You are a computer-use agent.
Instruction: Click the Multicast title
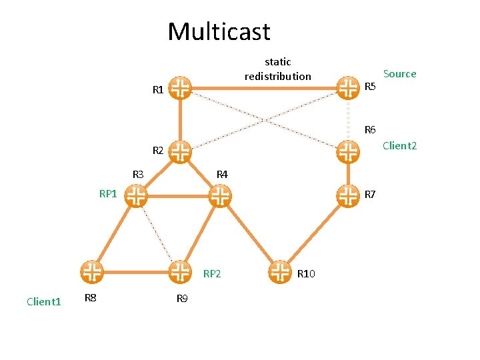[219, 31]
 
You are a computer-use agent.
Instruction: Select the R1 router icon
[180, 87]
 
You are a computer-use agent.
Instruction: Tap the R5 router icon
[347, 87]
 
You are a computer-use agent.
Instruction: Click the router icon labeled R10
[281, 271]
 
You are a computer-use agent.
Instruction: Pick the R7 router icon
[347, 195]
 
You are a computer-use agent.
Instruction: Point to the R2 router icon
[180, 151]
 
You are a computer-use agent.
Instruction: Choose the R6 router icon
[347, 151]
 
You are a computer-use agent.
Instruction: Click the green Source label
[399, 74]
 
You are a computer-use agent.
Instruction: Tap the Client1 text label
[44, 302]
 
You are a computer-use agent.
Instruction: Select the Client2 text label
[399, 145]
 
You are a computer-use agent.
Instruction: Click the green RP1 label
[108, 194]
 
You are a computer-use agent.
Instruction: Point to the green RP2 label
[212, 273]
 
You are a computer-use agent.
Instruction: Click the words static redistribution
[277, 69]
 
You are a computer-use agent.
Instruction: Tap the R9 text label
[182, 298]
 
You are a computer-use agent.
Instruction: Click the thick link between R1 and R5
[263, 87]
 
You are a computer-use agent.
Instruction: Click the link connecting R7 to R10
[314, 233]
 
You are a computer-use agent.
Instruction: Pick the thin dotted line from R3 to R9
[157, 233]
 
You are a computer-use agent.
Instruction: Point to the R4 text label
[222, 175]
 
